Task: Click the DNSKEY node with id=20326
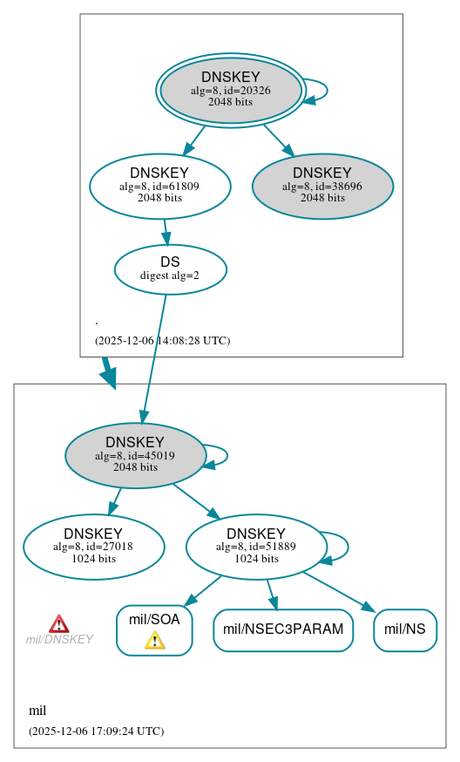230,90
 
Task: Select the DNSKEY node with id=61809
159,186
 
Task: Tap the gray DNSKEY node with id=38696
322,186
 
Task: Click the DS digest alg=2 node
170,269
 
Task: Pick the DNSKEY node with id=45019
135,455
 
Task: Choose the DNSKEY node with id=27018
93,547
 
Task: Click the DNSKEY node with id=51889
256,547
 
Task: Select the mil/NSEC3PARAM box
283,629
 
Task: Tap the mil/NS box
405,629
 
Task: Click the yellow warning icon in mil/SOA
154,641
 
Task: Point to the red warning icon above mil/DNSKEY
58,623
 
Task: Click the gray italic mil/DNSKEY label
59,640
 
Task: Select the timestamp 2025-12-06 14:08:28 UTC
162,340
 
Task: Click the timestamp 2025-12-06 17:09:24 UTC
96,731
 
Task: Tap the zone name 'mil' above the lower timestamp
37,711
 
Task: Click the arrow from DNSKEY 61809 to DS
166,231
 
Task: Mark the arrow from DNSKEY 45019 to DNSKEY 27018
114,501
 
